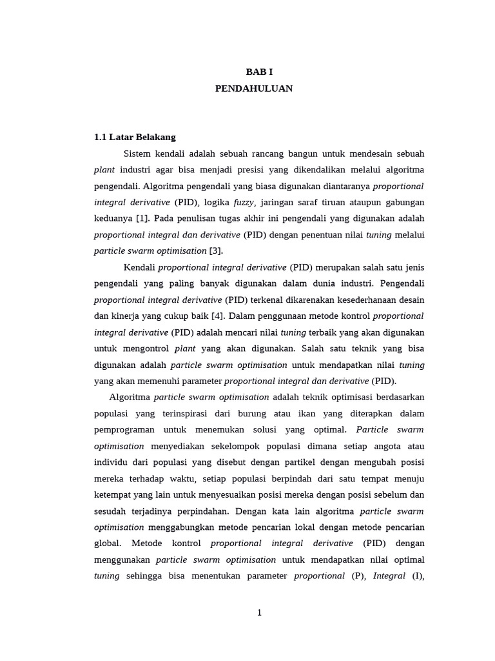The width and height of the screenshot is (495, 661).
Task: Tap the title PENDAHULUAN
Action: [x=254, y=88]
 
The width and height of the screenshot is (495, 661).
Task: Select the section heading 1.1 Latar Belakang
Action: [x=135, y=137]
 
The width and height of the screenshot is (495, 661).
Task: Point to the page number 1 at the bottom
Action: [x=259, y=613]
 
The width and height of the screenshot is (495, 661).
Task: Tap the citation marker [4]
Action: [x=216, y=316]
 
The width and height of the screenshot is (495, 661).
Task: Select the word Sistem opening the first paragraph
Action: [x=137, y=154]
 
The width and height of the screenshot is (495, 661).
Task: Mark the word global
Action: [x=107, y=544]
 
